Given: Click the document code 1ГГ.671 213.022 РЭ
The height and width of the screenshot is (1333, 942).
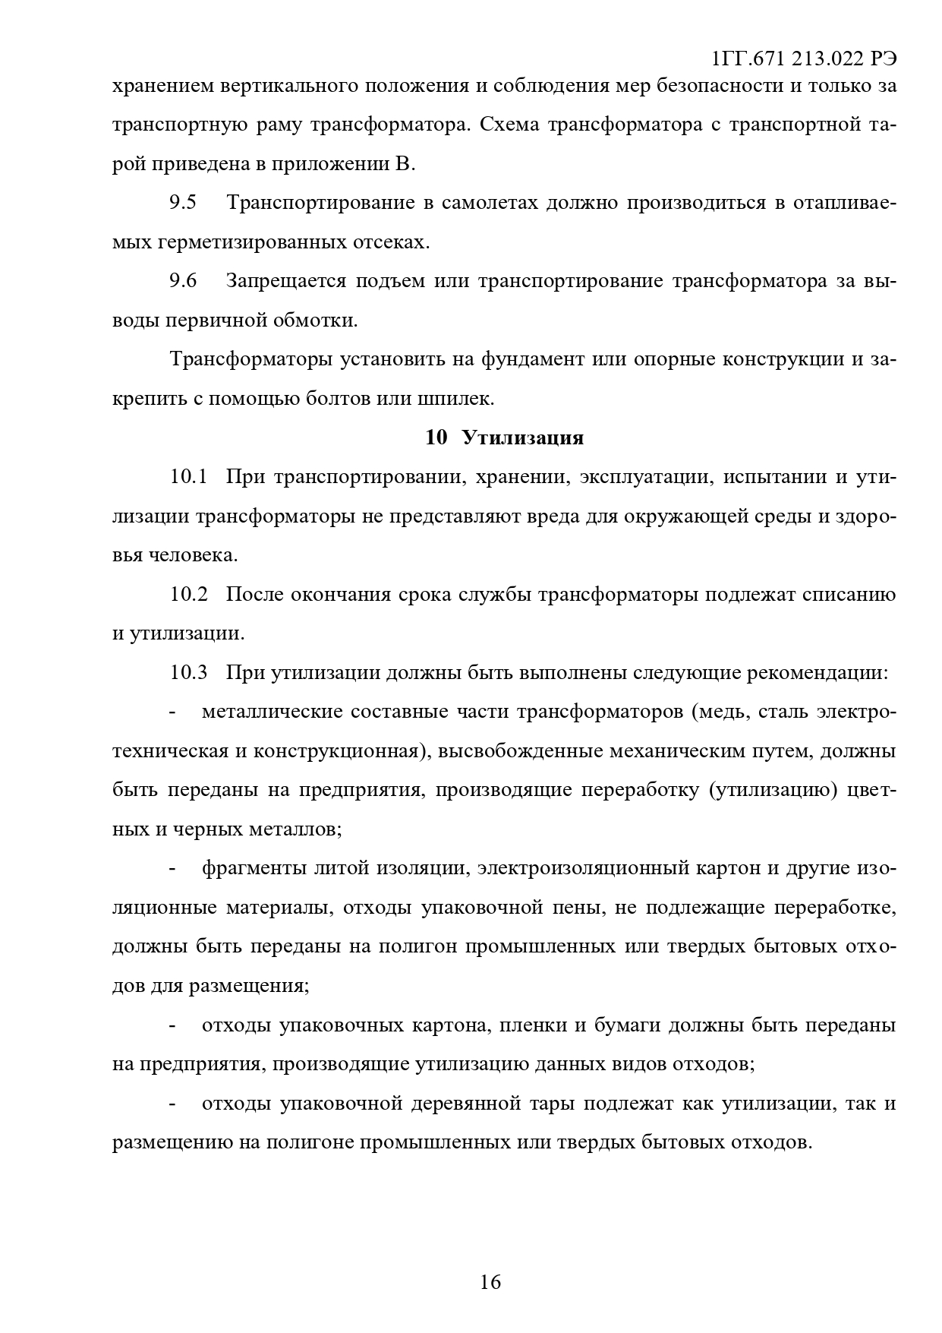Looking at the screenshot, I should pyautogui.click(x=805, y=59).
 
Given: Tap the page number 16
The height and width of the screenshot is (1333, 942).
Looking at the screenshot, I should pyautogui.click(x=490, y=1282).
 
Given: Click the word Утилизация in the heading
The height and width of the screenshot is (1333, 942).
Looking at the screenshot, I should pyautogui.click(x=523, y=438).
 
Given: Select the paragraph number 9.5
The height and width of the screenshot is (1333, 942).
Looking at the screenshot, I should pyautogui.click(x=183, y=204).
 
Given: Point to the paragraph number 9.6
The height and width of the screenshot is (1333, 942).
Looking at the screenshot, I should pyautogui.click(x=183, y=282).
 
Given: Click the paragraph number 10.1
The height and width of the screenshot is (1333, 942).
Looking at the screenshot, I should pyautogui.click(x=189, y=477).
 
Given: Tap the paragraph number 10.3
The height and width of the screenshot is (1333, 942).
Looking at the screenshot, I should pyautogui.click(x=189, y=673).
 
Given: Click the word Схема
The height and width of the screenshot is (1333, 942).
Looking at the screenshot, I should pyautogui.click(x=509, y=125).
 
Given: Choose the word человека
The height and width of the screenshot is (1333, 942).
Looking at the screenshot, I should pyautogui.click(x=193, y=556).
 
